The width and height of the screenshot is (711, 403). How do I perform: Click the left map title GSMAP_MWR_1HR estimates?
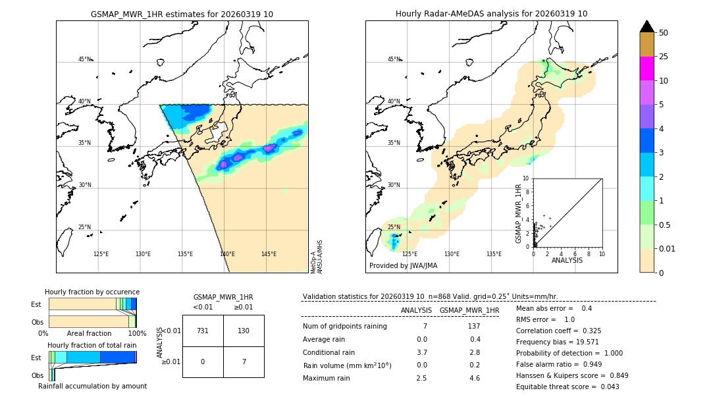(x=182, y=14)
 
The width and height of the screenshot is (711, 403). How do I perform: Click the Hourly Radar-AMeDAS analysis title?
(x=491, y=14)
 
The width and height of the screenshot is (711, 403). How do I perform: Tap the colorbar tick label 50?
(x=664, y=33)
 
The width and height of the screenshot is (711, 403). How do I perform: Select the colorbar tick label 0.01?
(x=668, y=248)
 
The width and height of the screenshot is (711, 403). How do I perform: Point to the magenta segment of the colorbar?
(x=647, y=68)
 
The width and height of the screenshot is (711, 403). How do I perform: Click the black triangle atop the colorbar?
(x=647, y=26)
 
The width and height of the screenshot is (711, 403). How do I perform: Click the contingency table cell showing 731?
(x=203, y=331)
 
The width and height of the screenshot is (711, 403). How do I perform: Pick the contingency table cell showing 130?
(x=244, y=331)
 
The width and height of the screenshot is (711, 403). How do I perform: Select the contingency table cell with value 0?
(x=203, y=362)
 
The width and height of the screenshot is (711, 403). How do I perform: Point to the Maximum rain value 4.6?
(x=475, y=378)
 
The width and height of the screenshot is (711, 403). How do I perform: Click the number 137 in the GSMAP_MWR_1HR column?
(x=473, y=327)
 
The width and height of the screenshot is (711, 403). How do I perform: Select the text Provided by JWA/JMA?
(x=403, y=266)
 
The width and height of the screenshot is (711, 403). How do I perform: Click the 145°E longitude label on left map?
(x=269, y=254)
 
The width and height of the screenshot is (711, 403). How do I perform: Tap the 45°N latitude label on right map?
(x=394, y=59)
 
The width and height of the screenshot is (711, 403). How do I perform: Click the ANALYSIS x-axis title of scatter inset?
(x=567, y=261)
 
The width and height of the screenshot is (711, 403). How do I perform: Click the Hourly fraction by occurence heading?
(x=92, y=292)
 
